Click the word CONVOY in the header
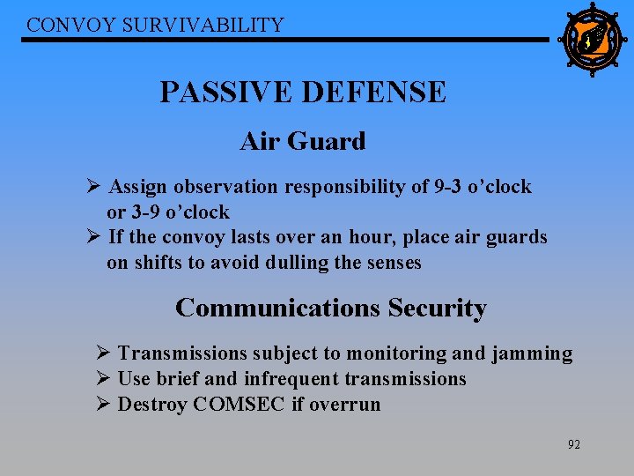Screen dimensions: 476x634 pyautogui.click(x=63, y=25)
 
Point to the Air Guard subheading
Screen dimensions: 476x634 pyautogui.click(x=302, y=141)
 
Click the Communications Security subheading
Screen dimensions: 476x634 pyautogui.click(x=330, y=308)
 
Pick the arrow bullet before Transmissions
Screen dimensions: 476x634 pyautogui.click(x=102, y=353)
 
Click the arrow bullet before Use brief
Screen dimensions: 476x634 pyautogui.click(x=102, y=379)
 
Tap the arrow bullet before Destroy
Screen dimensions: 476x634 pyautogui.click(x=102, y=405)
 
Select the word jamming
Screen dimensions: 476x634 pyautogui.click(x=532, y=354)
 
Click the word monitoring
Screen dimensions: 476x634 pyautogui.click(x=396, y=354)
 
